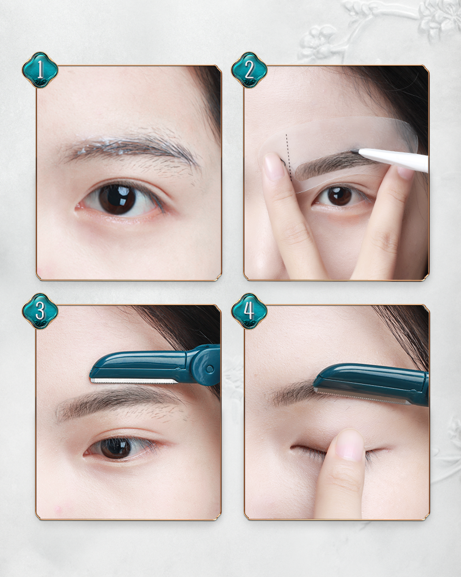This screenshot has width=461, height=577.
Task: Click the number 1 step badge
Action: click(40, 70)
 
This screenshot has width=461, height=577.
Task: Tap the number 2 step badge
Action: click(250, 70)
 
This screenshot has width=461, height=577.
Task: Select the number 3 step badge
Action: click(40, 311)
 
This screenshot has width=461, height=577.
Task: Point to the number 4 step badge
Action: click(250, 311)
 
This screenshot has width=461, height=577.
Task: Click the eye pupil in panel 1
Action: click(118, 199)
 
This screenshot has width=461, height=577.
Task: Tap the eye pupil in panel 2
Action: click(339, 196)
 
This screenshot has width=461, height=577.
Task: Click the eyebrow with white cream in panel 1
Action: click(129, 147)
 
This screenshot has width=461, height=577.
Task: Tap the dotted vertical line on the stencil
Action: click(289, 156)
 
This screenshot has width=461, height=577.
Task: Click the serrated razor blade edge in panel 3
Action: click(134, 382)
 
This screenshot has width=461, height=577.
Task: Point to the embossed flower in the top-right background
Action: click(320, 40)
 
